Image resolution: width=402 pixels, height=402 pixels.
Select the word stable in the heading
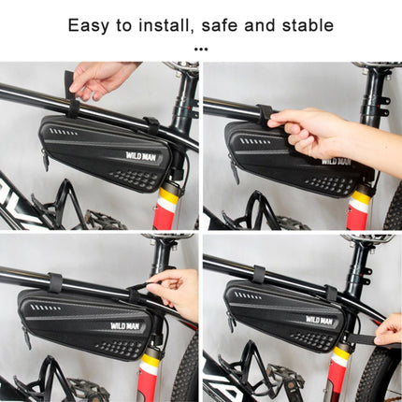point(303,24)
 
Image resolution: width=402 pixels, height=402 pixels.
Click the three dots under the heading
point(200,48)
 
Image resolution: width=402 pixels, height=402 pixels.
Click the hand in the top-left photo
point(101,79)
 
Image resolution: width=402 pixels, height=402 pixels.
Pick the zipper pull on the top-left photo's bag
point(45,160)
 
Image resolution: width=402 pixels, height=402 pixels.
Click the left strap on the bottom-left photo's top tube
point(55,282)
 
